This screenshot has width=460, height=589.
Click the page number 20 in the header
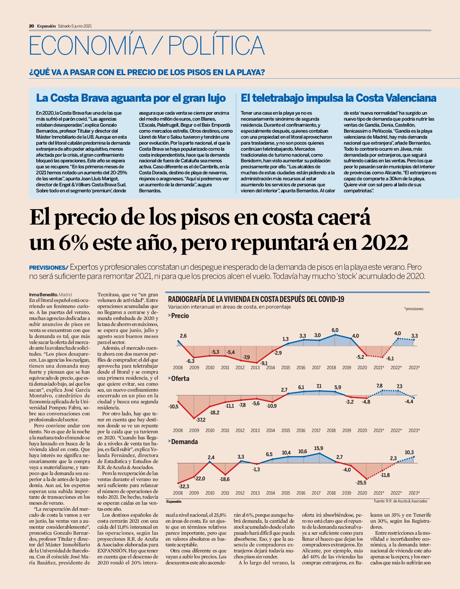(x=31, y=26)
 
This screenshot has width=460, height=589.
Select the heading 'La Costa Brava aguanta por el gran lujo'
(x=131, y=98)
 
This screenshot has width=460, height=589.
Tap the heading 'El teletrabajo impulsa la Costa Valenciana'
(x=338, y=98)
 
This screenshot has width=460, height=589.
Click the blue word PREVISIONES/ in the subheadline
(x=49, y=268)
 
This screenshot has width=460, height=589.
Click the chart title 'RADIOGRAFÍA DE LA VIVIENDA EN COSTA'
(x=256, y=299)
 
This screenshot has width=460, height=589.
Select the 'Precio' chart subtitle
(x=180, y=316)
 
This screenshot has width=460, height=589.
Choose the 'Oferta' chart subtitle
(x=180, y=378)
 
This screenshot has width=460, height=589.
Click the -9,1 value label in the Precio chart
(x=263, y=363)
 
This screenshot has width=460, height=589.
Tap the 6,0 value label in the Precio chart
(x=335, y=330)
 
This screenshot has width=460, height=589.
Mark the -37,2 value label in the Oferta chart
(x=200, y=420)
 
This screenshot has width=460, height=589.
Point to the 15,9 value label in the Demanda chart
(x=318, y=448)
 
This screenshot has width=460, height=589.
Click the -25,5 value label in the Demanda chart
(x=361, y=483)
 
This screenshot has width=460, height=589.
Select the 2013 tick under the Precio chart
(x=255, y=368)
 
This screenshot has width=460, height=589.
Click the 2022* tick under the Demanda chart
(x=396, y=493)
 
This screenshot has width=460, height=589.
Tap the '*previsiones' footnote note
(x=414, y=309)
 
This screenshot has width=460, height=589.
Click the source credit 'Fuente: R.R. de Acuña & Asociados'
(x=401, y=501)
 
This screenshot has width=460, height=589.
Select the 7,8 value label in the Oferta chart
(x=379, y=386)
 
